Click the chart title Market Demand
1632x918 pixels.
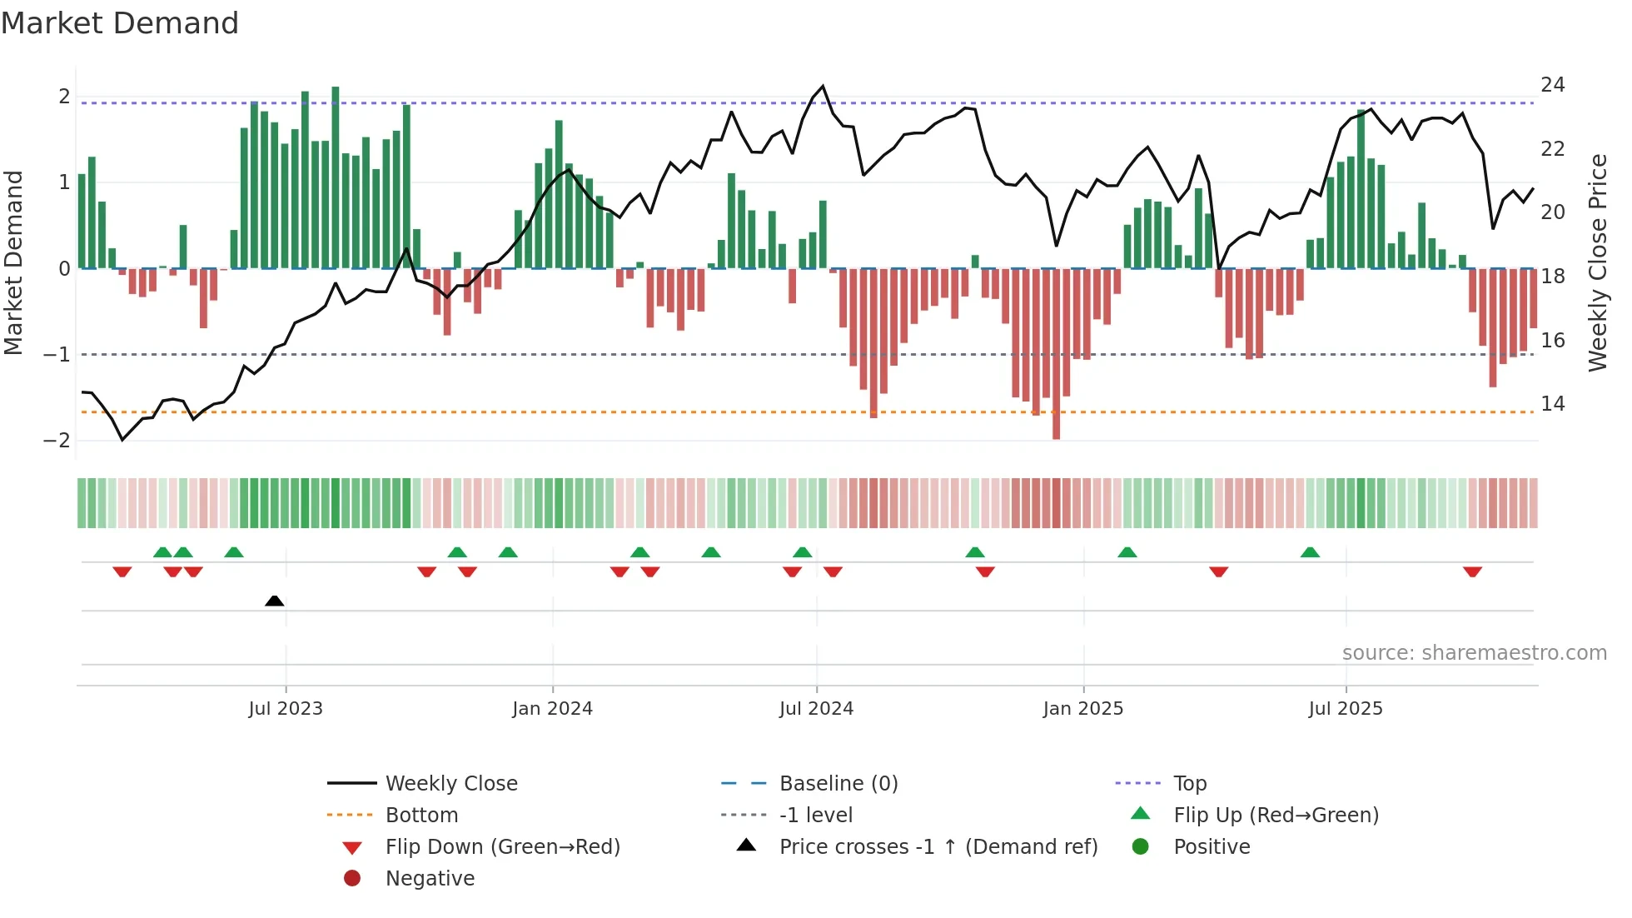pyautogui.click(x=120, y=23)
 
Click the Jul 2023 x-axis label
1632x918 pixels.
pyautogui.click(x=286, y=709)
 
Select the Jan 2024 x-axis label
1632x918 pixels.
pyautogui.click(x=552, y=709)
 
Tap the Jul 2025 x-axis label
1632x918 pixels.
pyautogui.click(x=1345, y=709)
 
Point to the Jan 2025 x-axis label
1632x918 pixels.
pyautogui.click(x=1082, y=709)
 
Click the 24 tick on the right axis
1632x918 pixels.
pyautogui.click(x=1552, y=85)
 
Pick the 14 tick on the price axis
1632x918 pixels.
pyautogui.click(x=1552, y=404)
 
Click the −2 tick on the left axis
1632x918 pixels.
pyautogui.click(x=57, y=441)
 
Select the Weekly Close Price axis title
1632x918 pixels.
pyautogui.click(x=1597, y=262)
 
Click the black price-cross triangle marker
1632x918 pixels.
pyautogui.click(x=274, y=601)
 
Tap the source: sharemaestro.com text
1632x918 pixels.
pyautogui.click(x=1474, y=653)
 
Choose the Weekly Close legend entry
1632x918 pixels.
pyautogui.click(x=450, y=784)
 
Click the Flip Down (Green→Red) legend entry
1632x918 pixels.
pyautogui.click(x=502, y=847)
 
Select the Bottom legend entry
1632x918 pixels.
pyautogui.click(x=421, y=816)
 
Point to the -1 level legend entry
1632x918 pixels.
pyautogui.click(x=815, y=816)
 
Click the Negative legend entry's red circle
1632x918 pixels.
pyautogui.click(x=352, y=879)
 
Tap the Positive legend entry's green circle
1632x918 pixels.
pyautogui.click(x=1141, y=847)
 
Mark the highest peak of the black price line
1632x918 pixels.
pyautogui.click(x=823, y=87)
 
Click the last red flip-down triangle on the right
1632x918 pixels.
pyautogui.click(x=1472, y=571)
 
